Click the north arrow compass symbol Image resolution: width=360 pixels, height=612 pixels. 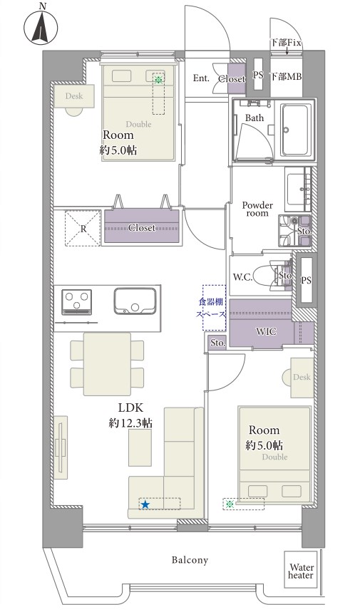[41, 28]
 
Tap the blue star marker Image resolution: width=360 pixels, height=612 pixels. [145, 504]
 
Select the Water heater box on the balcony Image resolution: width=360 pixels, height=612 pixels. [301, 569]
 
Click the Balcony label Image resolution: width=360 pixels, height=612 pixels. [190, 560]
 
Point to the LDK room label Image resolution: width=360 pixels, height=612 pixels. [131, 408]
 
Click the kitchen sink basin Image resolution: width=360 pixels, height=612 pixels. [135, 301]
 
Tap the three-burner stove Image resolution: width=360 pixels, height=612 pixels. [77, 301]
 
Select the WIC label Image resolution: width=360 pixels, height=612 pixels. [266, 332]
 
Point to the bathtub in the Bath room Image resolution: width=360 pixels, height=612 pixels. [297, 130]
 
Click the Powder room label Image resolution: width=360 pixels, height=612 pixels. [257, 209]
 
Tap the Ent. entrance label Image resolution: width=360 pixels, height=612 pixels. [201, 78]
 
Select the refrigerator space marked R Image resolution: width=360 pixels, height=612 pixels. [83, 228]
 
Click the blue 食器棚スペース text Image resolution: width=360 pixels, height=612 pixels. [210, 308]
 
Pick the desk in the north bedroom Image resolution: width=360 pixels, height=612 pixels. [74, 96]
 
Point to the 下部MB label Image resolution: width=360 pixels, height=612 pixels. [286, 76]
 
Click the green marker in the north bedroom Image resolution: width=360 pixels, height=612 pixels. [158, 80]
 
